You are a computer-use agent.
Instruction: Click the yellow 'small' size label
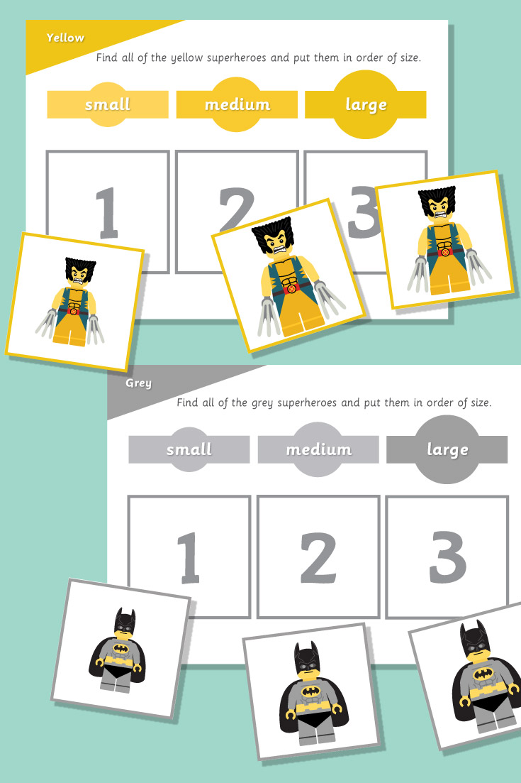click(x=108, y=104)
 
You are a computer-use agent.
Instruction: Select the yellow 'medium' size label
click(x=237, y=104)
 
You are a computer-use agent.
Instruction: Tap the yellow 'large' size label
click(x=366, y=104)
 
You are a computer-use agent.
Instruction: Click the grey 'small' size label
click(x=189, y=449)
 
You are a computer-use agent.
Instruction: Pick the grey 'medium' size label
click(x=318, y=449)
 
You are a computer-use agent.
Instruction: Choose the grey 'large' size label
click(x=447, y=449)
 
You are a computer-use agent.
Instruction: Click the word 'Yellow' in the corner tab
click(x=65, y=38)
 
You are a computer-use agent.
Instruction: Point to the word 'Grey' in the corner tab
click(x=138, y=383)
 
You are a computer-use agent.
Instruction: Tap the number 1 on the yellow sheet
click(x=107, y=211)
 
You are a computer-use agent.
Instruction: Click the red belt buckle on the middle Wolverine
click(x=288, y=290)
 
